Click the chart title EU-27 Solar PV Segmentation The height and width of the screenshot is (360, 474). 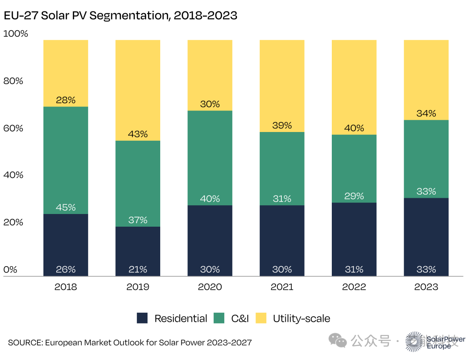120,16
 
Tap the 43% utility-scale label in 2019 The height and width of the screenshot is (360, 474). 138,134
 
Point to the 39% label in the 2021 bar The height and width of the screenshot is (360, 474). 282,125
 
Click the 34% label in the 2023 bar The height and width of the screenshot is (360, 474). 426,114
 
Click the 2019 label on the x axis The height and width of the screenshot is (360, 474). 138,287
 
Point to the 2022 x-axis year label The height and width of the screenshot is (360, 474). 354,287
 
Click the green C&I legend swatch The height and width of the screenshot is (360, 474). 219,318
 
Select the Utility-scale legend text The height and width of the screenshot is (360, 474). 301,318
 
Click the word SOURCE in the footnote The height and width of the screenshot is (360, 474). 25,342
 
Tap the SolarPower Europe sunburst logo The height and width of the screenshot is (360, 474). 415,341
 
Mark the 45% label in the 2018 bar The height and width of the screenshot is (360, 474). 66,207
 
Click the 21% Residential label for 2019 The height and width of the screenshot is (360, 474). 138,269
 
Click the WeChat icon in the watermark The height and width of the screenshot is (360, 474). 338,340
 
